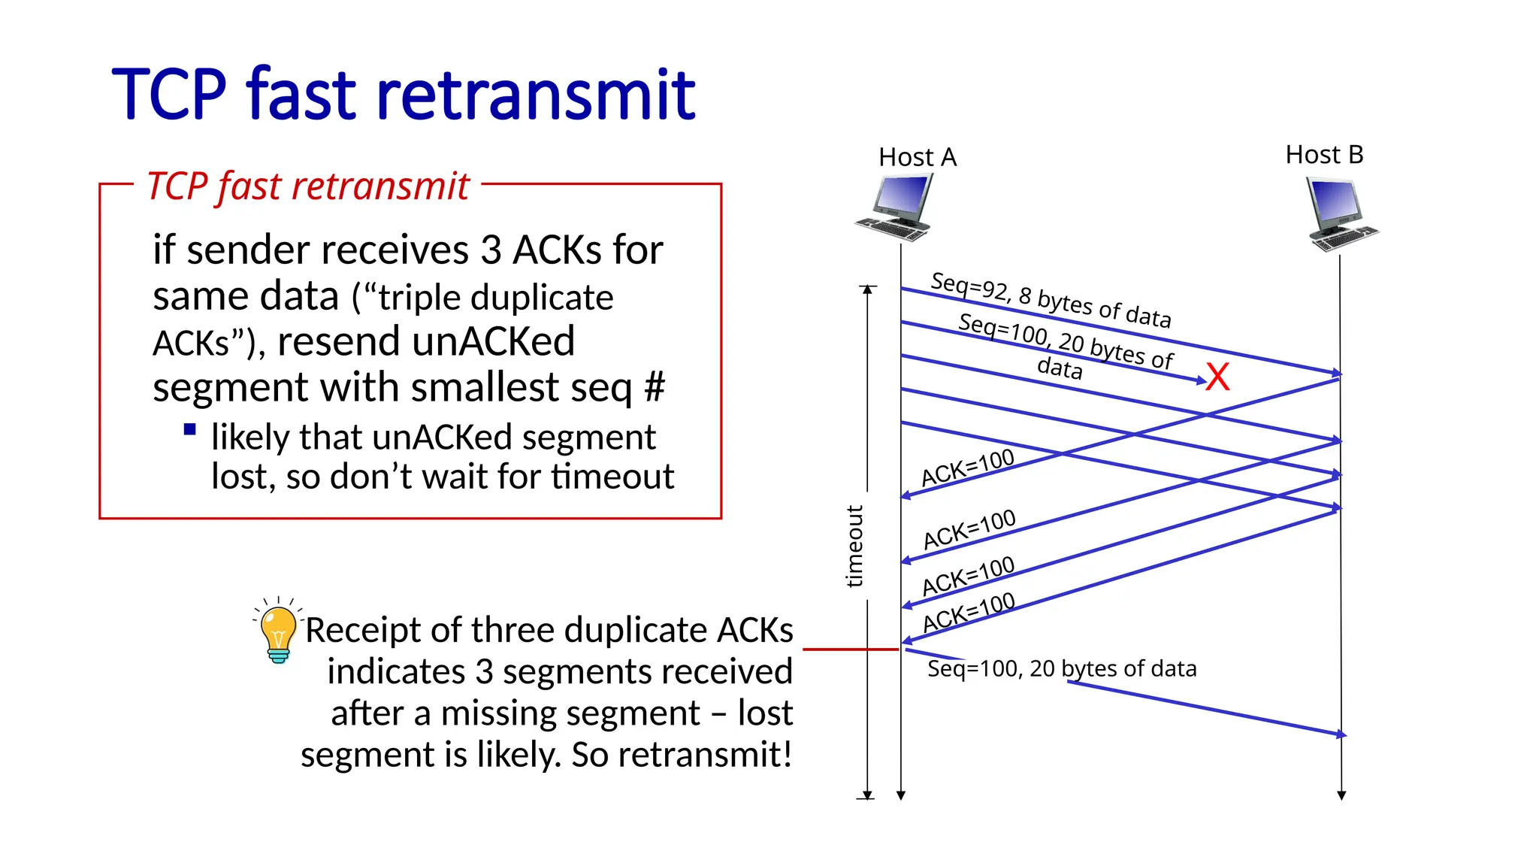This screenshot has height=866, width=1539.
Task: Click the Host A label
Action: click(x=917, y=157)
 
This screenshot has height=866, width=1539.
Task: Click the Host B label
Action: click(x=1324, y=155)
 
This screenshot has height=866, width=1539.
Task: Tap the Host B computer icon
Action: click(x=1340, y=213)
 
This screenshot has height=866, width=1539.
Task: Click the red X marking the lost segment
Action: click(x=1217, y=377)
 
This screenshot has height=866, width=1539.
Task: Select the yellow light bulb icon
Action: click(x=278, y=631)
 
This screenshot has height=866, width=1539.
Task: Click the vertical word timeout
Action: click(x=854, y=546)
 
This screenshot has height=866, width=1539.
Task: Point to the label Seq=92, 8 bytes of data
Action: click(x=1051, y=300)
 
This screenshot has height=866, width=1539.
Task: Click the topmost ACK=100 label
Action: click(x=967, y=468)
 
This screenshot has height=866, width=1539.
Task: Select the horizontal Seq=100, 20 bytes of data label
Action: click(x=1061, y=668)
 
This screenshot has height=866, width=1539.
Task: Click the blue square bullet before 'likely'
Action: click(x=189, y=430)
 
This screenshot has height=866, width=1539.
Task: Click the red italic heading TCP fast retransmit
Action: click(x=307, y=186)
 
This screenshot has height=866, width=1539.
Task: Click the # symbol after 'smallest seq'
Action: click(x=655, y=388)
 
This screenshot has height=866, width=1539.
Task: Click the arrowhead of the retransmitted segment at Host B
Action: click(x=1341, y=734)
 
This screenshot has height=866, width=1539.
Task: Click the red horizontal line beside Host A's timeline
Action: click(x=850, y=649)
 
